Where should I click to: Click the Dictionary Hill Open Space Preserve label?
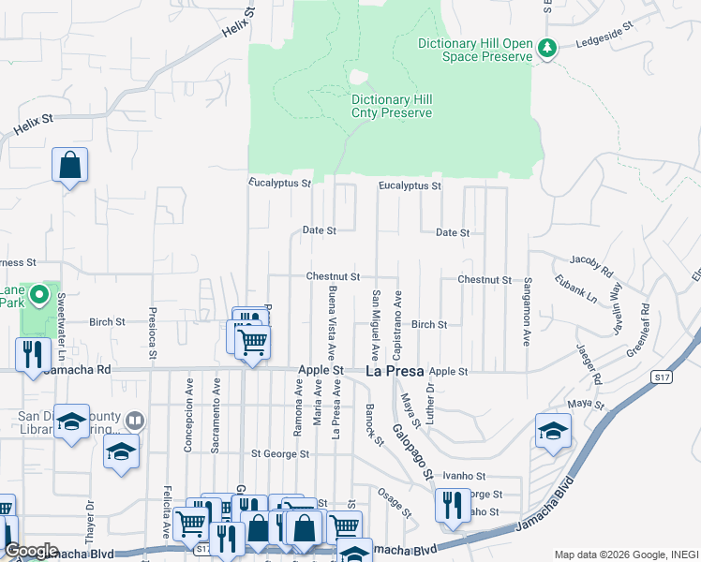pyautogui.click(x=475, y=50)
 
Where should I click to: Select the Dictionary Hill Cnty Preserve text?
pyautogui.click(x=392, y=107)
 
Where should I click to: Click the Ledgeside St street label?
pyautogui.click(x=605, y=42)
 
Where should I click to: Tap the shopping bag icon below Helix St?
pyautogui.click(x=69, y=166)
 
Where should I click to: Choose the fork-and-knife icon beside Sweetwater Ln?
pyautogui.click(x=31, y=355)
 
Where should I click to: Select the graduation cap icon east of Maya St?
pyautogui.click(x=553, y=431)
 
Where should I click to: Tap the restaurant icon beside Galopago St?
pyautogui.click(x=453, y=506)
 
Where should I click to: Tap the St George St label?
pyautogui.click(x=279, y=454)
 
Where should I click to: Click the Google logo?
pyautogui.click(x=31, y=551)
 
